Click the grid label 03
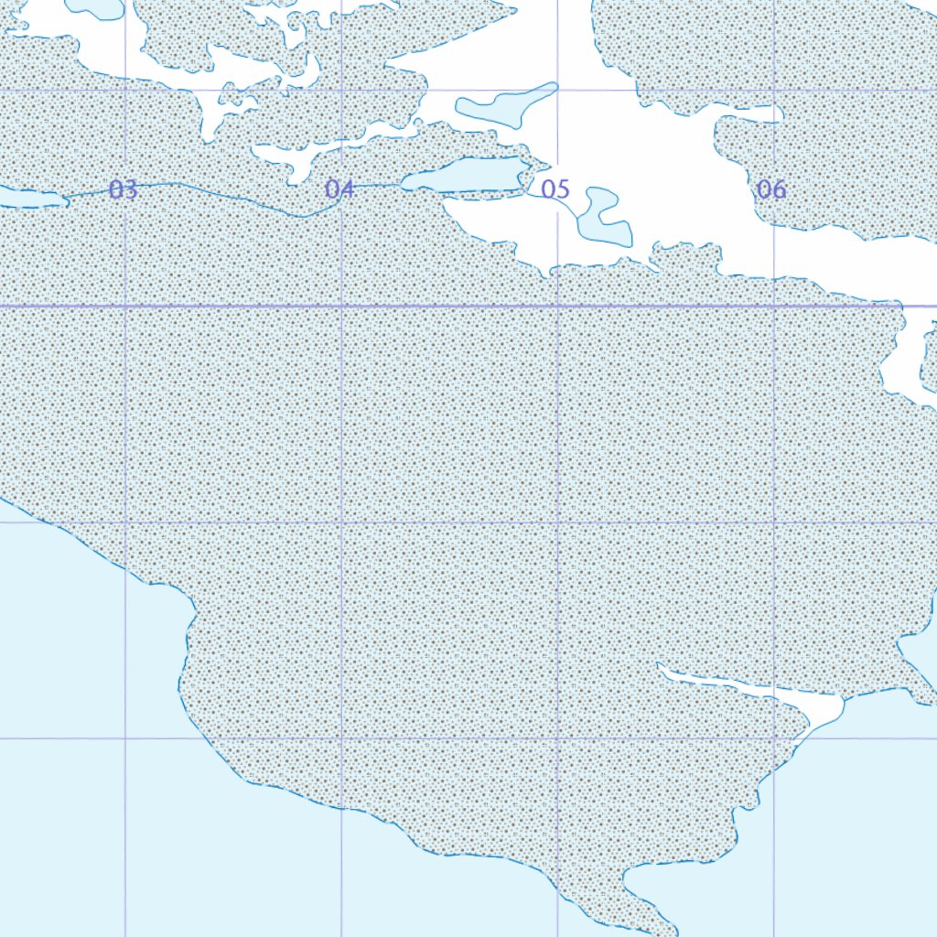(x=123, y=189)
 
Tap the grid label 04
(x=339, y=189)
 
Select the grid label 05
(x=555, y=189)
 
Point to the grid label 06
(x=771, y=189)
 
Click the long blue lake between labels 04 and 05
(x=467, y=175)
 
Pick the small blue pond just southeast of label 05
(x=607, y=221)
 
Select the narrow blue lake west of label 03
(x=27, y=197)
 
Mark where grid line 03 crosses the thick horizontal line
(x=125, y=306)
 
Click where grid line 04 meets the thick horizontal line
(x=341, y=306)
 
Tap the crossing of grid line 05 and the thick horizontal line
(x=557, y=306)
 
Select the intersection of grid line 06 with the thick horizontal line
(x=774, y=306)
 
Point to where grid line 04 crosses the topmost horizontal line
(x=341, y=90)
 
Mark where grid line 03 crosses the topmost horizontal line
(x=125, y=90)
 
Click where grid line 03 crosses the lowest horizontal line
(x=125, y=738)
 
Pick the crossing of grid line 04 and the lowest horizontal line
(x=341, y=738)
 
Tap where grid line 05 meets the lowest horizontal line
(x=557, y=738)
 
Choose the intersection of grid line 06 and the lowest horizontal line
(x=774, y=738)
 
